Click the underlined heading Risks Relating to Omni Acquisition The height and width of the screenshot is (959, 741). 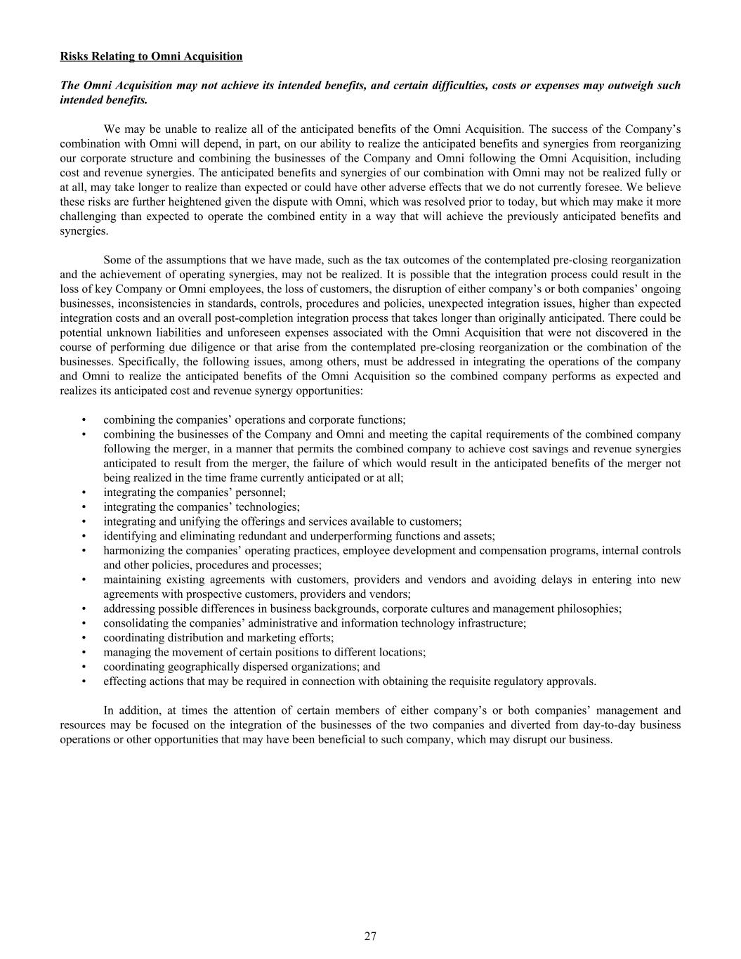tap(151, 56)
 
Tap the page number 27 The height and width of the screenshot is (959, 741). tap(370, 936)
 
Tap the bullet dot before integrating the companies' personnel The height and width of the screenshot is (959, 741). tap(84, 492)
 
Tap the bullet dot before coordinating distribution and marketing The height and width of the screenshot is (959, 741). tap(84, 638)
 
